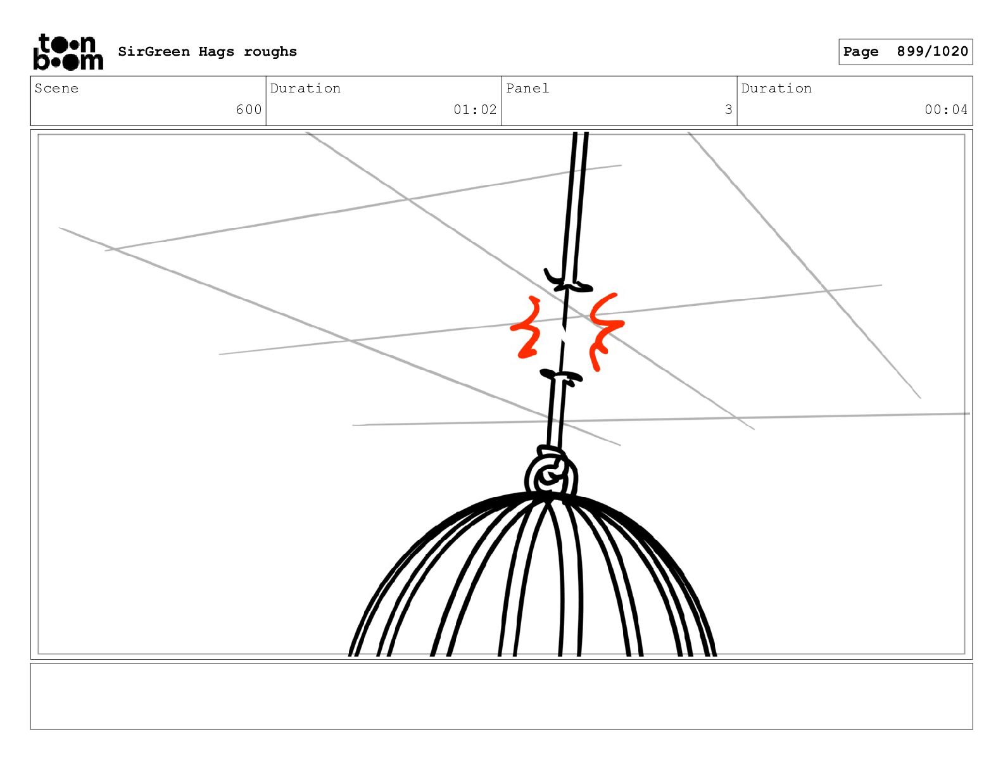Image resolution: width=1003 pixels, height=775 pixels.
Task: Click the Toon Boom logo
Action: click(x=68, y=52)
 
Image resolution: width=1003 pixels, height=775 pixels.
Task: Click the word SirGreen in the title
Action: click(x=154, y=51)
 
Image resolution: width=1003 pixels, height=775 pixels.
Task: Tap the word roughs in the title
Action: click(x=270, y=52)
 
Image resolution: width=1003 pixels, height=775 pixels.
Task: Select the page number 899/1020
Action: click(x=932, y=51)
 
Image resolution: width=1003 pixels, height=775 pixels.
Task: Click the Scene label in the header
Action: click(x=56, y=88)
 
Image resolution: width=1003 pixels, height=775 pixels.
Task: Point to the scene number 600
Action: click(x=249, y=110)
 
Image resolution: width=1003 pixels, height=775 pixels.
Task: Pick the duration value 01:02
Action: click(x=475, y=110)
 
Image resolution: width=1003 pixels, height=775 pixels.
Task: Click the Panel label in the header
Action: click(x=527, y=88)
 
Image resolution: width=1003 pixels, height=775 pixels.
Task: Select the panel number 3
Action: click(x=728, y=110)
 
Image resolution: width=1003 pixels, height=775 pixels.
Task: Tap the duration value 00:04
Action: click(x=946, y=110)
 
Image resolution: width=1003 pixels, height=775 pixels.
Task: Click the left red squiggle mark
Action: click(x=527, y=327)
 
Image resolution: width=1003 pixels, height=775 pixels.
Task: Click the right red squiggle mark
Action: click(x=606, y=331)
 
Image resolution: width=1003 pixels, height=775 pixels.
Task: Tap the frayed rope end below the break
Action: click(x=561, y=377)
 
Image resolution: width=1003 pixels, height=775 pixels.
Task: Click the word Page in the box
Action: click(x=861, y=52)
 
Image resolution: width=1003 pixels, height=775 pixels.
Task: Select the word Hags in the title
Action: click(x=217, y=52)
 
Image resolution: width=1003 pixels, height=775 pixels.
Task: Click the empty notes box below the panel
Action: click(x=501, y=696)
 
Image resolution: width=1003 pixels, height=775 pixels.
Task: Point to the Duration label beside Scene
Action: click(x=305, y=88)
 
